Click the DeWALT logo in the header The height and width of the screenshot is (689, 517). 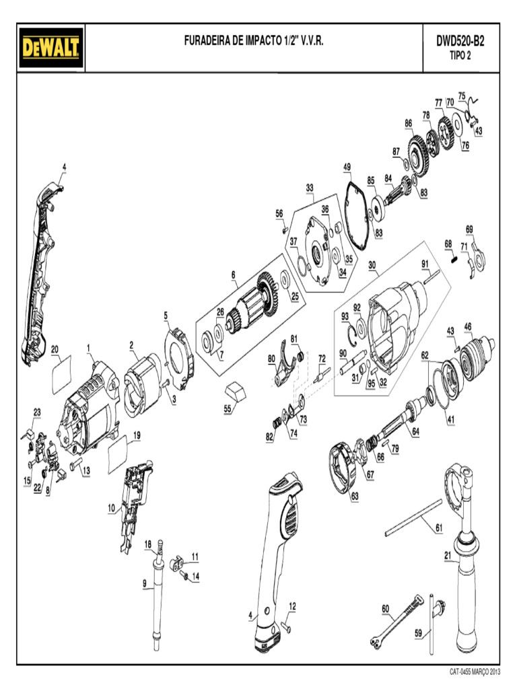[x=51, y=48]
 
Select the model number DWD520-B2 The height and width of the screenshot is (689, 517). [x=460, y=41]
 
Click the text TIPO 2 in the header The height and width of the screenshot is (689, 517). [x=460, y=56]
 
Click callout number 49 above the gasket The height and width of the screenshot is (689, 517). [x=347, y=167]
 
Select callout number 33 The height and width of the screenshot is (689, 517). [x=310, y=187]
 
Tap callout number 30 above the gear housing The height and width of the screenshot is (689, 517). [x=372, y=265]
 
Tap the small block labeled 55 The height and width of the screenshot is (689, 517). [x=235, y=389]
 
